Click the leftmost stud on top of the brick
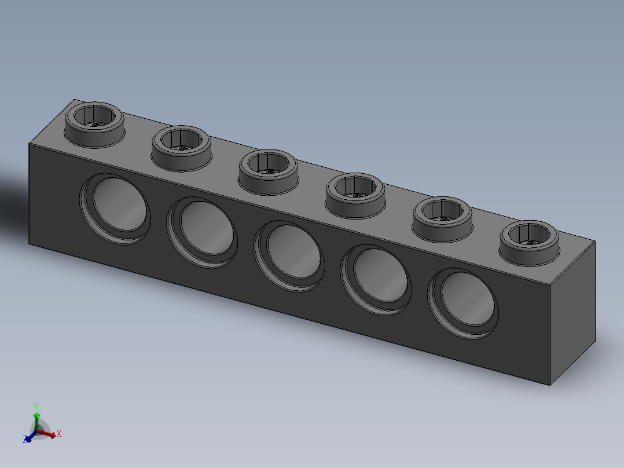pos(94,122)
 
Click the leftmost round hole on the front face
pos(115,208)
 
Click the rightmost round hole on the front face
pos(463,303)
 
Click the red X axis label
pos(59,433)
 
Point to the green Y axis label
pos(36,406)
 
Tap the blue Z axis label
pos(25,440)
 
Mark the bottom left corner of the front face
pos(30,244)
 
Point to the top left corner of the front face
pos(30,144)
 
